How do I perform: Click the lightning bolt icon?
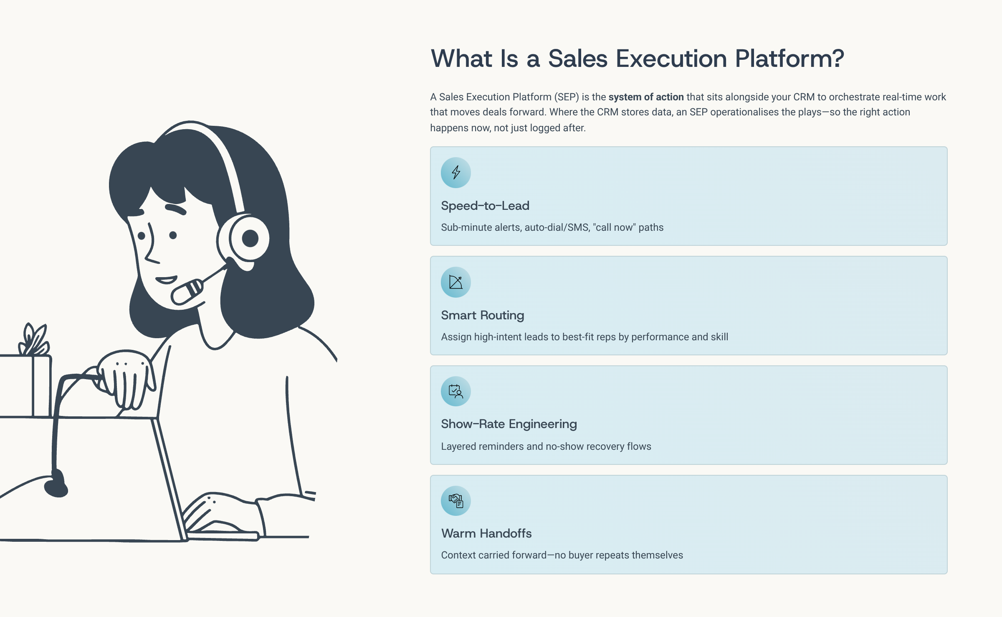[456, 172]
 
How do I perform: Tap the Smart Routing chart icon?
[456, 282]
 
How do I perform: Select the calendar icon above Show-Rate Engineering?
[456, 391]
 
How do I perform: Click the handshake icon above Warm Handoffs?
[456, 501]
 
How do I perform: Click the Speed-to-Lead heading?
[485, 206]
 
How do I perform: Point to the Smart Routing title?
[483, 315]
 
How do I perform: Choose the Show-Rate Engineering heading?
[509, 424]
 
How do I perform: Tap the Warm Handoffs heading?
[486, 533]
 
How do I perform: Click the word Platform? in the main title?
[789, 58]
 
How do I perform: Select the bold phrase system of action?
[646, 97]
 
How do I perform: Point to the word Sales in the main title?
[578, 58]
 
